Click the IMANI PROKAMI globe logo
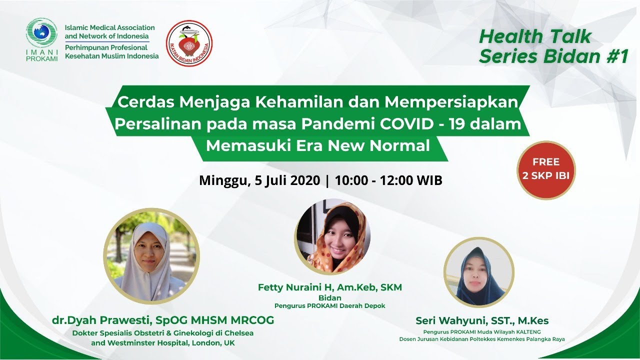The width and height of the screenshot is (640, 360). [x=41, y=33]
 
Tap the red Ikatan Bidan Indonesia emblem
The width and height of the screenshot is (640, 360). [x=189, y=43]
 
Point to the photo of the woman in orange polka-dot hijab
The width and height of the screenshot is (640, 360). [x=332, y=236]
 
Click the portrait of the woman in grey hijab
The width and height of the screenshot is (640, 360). [x=151, y=256]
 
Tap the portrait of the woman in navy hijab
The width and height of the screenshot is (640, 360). [x=479, y=272]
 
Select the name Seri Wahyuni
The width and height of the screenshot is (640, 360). [x=450, y=320]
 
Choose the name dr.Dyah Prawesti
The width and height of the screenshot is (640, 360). [x=101, y=320]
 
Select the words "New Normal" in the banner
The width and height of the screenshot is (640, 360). [x=379, y=145]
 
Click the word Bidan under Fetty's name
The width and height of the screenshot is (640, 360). [x=329, y=297]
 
